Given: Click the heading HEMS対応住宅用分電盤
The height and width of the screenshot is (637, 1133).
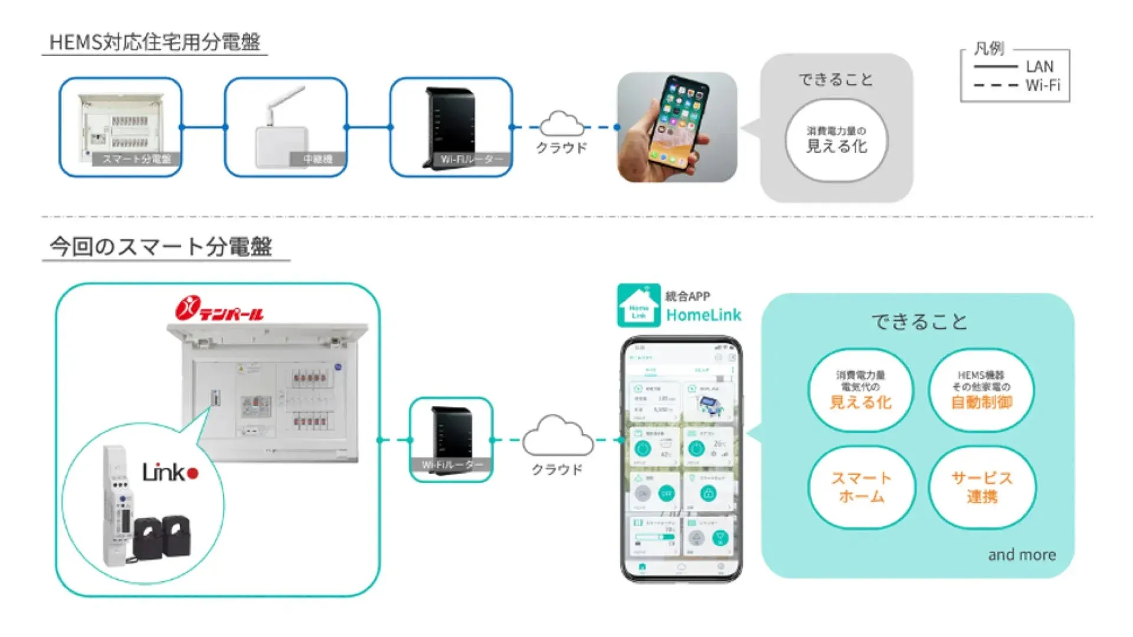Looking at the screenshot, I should click(x=155, y=42).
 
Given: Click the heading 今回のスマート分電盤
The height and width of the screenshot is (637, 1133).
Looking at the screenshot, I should click(x=161, y=247).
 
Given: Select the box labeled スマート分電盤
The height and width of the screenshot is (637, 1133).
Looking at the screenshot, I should click(x=120, y=127).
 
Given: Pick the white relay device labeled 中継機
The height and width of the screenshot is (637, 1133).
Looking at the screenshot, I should click(x=286, y=127).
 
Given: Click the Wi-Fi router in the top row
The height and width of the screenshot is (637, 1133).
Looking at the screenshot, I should click(x=451, y=127).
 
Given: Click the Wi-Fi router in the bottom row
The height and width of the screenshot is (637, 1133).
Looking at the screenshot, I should click(x=451, y=439).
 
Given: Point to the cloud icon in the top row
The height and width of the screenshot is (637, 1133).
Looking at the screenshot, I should click(x=561, y=123).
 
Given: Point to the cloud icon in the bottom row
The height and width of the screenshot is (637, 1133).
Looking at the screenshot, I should click(x=558, y=436).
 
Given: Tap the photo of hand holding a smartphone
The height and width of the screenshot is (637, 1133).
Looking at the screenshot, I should click(x=677, y=127).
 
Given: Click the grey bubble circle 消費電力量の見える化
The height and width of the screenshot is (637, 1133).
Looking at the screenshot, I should click(x=836, y=140).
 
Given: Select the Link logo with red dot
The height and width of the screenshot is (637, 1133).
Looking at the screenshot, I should click(x=170, y=472).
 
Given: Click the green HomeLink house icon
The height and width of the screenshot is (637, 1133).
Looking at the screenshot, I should click(x=638, y=306).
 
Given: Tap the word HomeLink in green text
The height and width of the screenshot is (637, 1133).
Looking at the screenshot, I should click(x=703, y=316).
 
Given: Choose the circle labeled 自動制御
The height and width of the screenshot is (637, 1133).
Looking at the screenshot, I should click(x=981, y=390).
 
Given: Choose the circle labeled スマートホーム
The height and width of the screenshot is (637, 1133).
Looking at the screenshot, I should click(x=861, y=487).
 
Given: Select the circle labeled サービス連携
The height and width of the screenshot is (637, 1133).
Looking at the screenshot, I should click(x=981, y=487).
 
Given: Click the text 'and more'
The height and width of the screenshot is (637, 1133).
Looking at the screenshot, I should click(x=1021, y=555).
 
